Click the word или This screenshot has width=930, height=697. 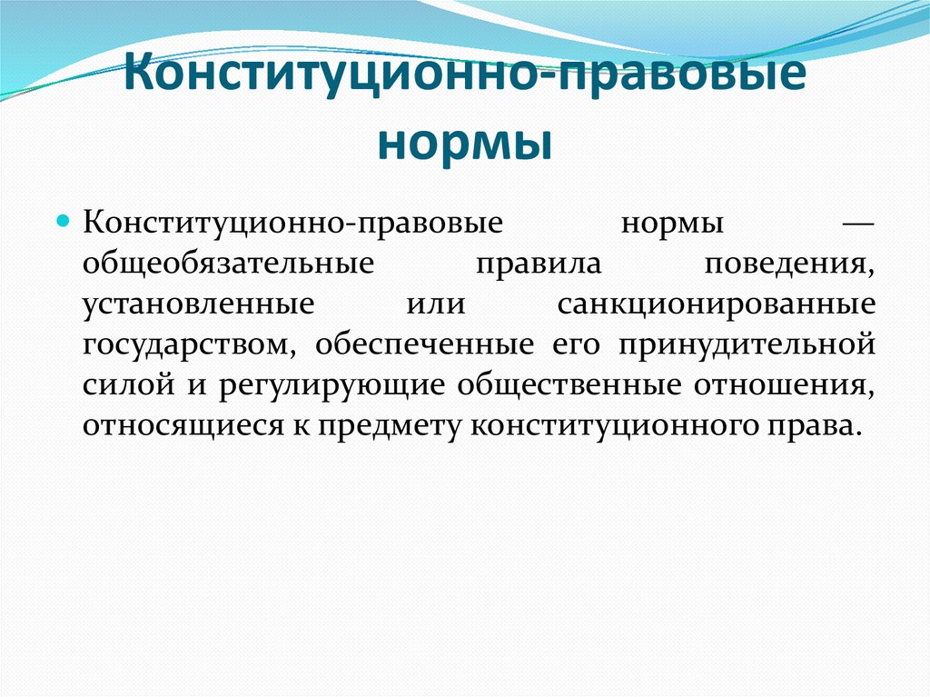click(436, 304)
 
